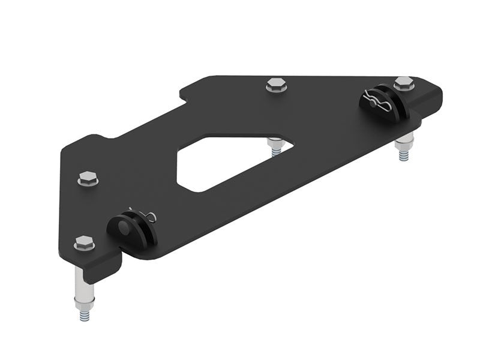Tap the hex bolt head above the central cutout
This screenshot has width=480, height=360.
click(275, 85)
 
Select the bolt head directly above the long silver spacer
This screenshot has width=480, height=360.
click(84, 243)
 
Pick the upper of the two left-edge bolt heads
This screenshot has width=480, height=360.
click(88, 178)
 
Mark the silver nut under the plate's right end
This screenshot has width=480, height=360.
click(404, 142)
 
